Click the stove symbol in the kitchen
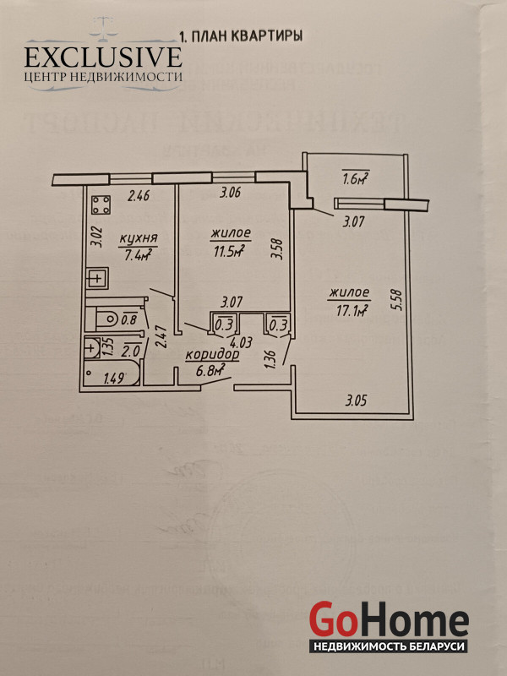[101, 205]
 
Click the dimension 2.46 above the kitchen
[137, 198]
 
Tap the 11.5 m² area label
[226, 249]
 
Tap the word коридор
[212, 356]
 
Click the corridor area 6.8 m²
[210, 370]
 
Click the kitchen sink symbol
[98, 277]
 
